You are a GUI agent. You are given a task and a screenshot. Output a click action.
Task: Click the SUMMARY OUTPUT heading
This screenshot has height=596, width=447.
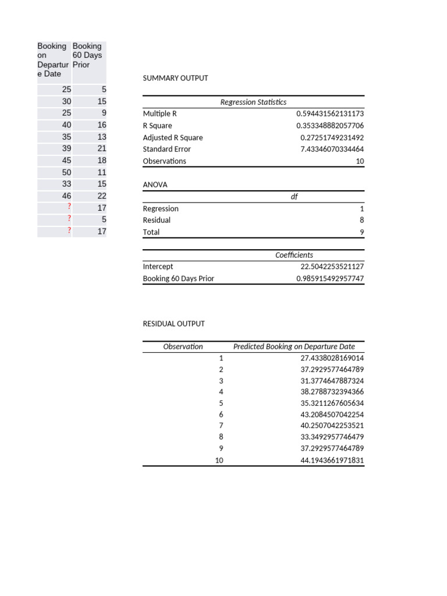(x=175, y=78)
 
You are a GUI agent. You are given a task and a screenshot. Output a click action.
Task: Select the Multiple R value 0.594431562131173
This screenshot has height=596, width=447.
(x=329, y=114)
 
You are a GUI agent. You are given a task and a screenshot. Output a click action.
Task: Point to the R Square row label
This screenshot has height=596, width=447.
(x=158, y=126)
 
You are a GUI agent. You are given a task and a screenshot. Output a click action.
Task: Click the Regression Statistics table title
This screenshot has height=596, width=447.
(x=253, y=102)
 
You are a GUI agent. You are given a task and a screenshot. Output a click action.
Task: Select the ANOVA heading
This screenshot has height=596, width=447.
(x=155, y=185)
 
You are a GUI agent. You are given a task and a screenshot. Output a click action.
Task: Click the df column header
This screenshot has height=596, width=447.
(x=294, y=197)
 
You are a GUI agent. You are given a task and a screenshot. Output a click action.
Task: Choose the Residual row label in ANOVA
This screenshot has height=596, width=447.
(x=157, y=221)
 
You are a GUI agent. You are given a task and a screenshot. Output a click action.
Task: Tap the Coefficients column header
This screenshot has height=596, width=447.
(x=294, y=255)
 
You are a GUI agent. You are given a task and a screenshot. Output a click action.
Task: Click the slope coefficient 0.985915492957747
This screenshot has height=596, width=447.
(x=329, y=279)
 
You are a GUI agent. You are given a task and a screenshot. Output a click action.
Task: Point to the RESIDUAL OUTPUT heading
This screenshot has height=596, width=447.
(x=173, y=324)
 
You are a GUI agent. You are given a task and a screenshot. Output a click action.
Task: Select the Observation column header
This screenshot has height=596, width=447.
(x=183, y=346)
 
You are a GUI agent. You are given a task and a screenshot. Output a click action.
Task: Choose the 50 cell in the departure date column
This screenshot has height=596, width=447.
(x=66, y=172)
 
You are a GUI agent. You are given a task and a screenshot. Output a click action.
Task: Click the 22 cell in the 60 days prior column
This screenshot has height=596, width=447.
(x=101, y=196)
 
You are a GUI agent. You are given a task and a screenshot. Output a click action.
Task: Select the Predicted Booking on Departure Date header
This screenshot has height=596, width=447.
(x=294, y=346)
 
